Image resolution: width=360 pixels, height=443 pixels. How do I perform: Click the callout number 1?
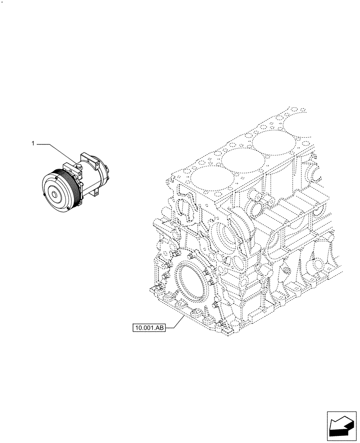tap(33, 144)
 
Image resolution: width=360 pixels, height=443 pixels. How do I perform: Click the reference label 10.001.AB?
tap(148, 328)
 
